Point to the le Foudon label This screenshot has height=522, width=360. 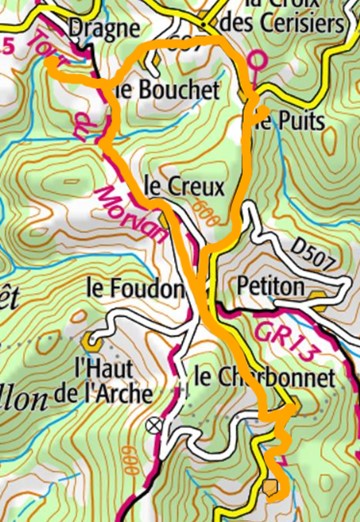(x=134, y=288)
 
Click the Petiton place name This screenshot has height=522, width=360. (x=271, y=287)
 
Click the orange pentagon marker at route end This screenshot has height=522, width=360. (x=273, y=487)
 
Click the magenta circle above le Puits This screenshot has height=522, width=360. (x=253, y=59)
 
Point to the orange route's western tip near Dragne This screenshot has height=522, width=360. (x=47, y=60)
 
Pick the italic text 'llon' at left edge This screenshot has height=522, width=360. (x=27, y=398)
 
